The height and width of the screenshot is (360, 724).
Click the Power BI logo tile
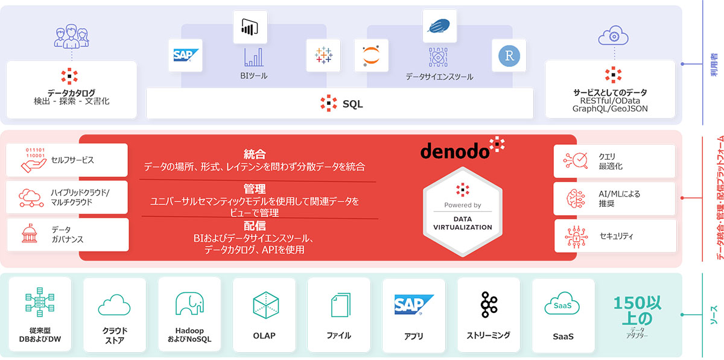point(250,28)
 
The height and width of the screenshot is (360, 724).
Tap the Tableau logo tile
point(323,56)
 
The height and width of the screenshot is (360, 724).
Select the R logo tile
point(509,56)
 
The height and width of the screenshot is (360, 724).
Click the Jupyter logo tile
point(371,56)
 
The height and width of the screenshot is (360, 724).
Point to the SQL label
point(352,104)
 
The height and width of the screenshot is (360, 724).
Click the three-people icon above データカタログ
point(72,36)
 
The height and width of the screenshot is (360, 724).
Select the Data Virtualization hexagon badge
point(463,208)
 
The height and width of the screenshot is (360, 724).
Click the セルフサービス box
point(67,160)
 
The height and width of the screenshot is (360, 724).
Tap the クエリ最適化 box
point(615,161)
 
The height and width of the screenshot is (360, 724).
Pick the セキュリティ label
point(616,236)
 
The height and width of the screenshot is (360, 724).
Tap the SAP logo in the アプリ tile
point(414,305)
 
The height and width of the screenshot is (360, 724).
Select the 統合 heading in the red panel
point(255,154)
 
